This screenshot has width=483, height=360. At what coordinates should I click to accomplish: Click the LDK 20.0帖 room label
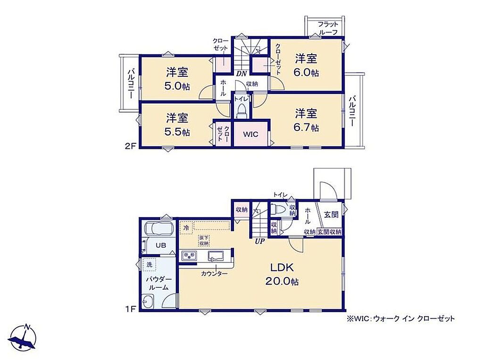(282, 274)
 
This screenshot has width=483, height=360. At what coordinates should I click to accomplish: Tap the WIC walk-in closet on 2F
(251, 134)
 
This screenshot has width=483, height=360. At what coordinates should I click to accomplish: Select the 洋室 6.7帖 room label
(306, 120)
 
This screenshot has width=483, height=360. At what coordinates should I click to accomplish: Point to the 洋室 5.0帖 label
(177, 79)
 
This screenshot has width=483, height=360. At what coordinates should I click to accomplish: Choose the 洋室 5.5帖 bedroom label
(177, 124)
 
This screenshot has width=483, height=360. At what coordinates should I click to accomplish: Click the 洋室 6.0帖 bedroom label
(306, 65)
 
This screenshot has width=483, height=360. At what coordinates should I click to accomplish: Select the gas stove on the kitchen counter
(189, 256)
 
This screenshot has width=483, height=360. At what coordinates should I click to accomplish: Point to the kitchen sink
(217, 256)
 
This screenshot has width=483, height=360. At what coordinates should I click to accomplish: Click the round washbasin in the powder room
(148, 301)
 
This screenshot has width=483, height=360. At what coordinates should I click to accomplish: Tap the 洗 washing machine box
(150, 264)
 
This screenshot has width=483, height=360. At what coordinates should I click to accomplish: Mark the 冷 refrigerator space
(186, 228)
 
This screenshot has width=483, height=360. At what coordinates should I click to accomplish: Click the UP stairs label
(260, 242)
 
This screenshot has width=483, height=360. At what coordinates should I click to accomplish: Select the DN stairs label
(241, 73)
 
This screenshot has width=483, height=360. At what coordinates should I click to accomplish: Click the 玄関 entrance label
(332, 214)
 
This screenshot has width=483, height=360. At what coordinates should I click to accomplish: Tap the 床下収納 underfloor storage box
(204, 240)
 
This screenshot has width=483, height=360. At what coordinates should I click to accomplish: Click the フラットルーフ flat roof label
(328, 28)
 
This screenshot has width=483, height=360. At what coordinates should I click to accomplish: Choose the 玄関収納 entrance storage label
(329, 232)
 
